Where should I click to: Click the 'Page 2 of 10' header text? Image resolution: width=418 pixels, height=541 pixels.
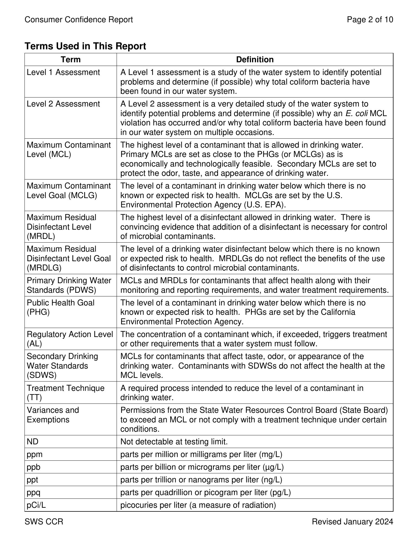370,19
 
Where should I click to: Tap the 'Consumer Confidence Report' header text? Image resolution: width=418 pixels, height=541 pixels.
79,19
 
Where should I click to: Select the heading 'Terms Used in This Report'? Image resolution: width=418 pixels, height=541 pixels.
85,46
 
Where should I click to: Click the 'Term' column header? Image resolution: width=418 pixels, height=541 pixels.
71,59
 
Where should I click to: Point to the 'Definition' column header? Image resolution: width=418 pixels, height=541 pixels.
255,59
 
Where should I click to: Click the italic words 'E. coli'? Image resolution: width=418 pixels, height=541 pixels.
356,114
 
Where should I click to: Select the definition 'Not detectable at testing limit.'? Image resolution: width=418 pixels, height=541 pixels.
174,442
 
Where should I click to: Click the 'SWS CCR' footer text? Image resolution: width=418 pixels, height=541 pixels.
44,522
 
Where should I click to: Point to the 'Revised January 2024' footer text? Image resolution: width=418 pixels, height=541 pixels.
352,522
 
